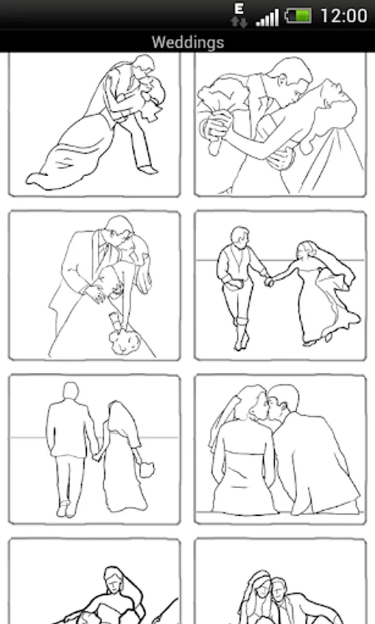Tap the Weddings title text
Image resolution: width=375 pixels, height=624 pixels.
click(187, 42)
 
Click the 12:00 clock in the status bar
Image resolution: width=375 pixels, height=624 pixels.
click(344, 16)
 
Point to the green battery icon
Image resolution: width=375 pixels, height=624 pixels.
click(298, 16)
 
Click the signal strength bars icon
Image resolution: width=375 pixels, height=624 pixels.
click(267, 18)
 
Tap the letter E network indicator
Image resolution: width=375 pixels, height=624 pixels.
click(239, 9)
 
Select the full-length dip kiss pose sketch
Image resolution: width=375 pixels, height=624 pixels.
click(94, 125)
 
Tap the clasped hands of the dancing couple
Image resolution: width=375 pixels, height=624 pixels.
click(269, 281)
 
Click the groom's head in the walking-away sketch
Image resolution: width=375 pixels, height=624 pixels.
click(71, 392)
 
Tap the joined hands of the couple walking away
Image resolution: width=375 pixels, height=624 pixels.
click(97, 456)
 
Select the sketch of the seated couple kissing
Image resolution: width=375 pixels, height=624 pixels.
click(280, 449)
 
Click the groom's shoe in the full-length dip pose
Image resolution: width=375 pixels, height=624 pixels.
click(148, 170)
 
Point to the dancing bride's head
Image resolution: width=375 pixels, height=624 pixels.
click(304, 251)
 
